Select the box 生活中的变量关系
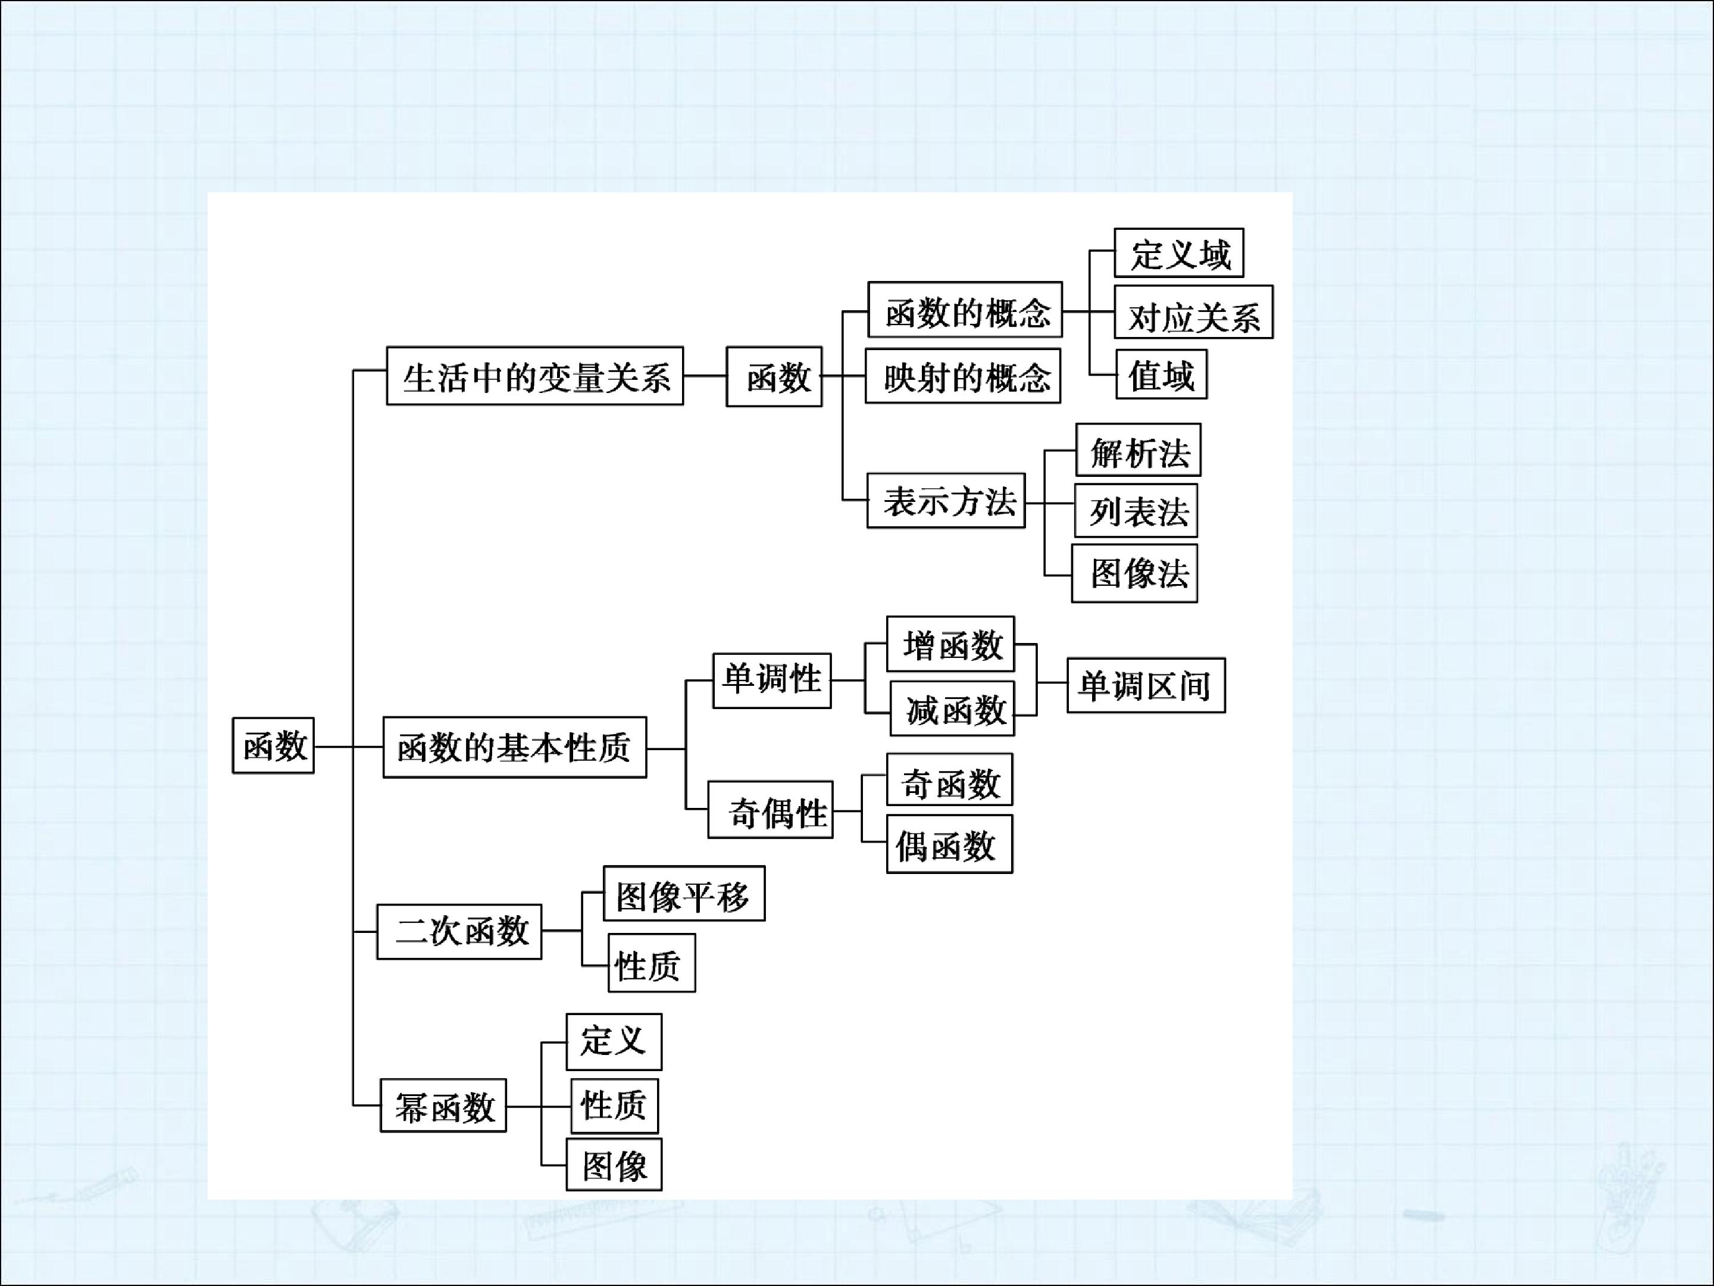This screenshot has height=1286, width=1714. [534, 376]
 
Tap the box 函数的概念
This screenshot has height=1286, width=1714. [965, 310]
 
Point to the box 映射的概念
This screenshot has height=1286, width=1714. [962, 377]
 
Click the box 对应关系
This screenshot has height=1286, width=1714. [1193, 313]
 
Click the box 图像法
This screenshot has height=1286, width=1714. [1134, 573]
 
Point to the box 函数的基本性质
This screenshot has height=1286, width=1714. [515, 747]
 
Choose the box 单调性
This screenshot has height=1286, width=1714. [772, 681]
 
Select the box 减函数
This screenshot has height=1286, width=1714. [952, 708]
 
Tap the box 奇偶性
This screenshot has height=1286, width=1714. [770, 810]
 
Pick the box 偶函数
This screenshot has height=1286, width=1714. [949, 844]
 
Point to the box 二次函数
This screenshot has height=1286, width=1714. [459, 932]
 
